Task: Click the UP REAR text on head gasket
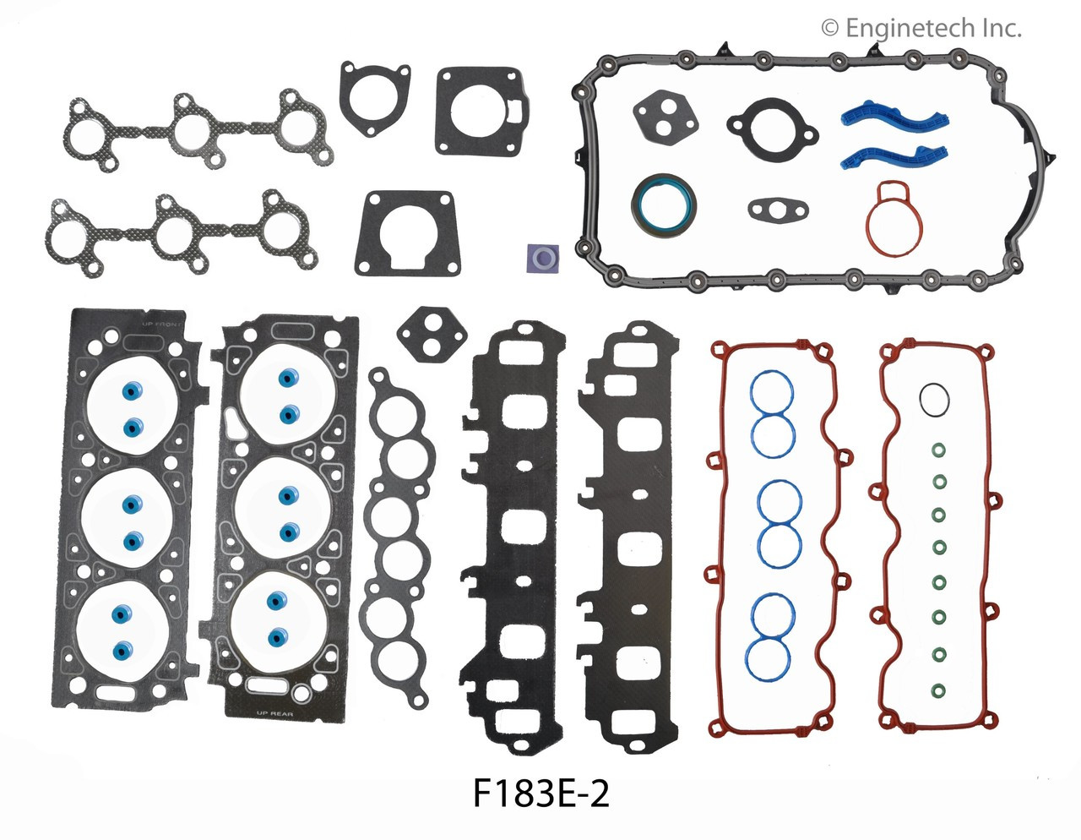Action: (274, 712)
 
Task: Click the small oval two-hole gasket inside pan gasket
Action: (771, 208)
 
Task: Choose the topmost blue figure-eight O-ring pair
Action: (772, 413)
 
